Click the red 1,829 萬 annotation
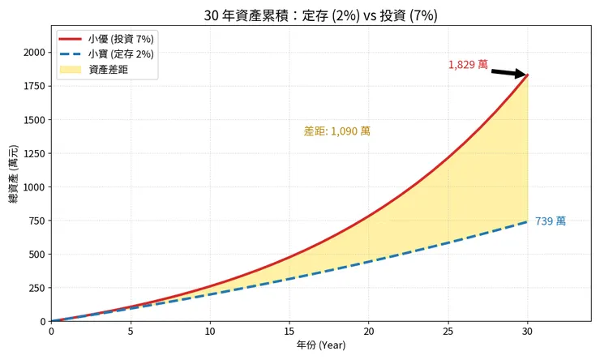coord(468,65)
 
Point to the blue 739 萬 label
coord(551,221)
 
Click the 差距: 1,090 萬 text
coord(336,131)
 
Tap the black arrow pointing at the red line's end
coord(508,73)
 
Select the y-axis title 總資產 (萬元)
coord(14,174)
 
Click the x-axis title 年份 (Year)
coord(321,345)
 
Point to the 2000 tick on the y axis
coord(34,53)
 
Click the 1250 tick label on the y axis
coord(34,153)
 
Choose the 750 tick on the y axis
coord(36,221)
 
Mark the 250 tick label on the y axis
coord(36,288)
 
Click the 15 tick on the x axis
coord(289,331)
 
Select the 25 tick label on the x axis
coord(448,331)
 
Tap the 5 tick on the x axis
coord(131,331)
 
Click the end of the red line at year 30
coord(528,75)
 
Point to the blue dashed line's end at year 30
coord(528,221)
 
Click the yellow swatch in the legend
coord(71,70)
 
